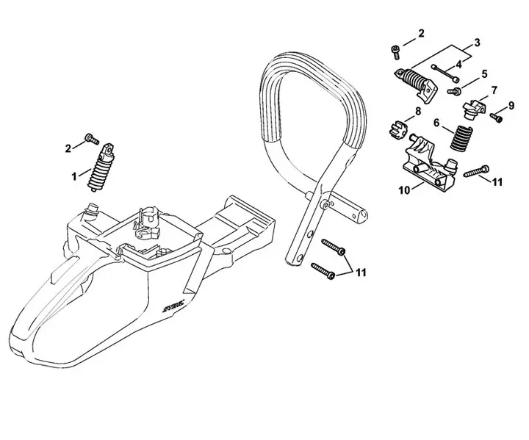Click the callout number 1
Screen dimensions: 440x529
(73, 176)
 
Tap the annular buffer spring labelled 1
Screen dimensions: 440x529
(101, 168)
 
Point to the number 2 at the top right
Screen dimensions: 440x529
(421, 33)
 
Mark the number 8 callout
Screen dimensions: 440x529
(418, 111)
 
